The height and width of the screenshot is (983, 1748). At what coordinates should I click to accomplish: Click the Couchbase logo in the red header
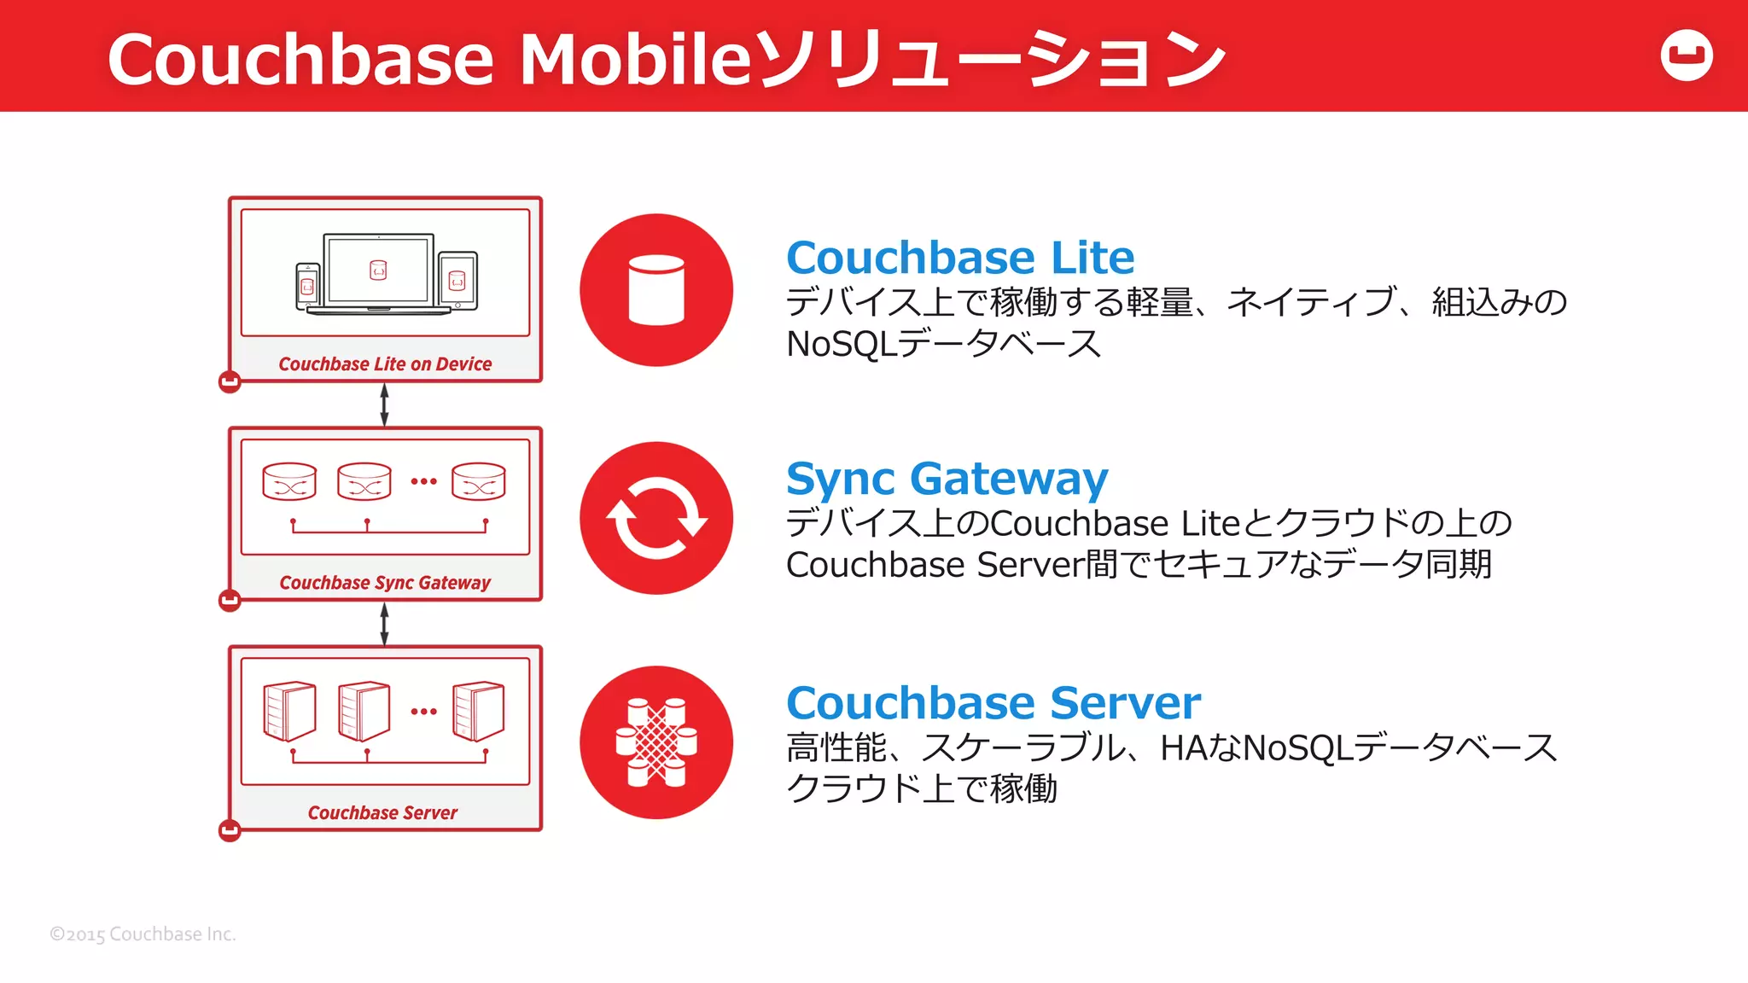1686,55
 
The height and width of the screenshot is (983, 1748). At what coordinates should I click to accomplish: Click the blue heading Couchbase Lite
959,257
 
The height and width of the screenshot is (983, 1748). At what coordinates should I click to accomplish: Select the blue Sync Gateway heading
947,478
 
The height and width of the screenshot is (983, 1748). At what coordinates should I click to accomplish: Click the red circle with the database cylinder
655,290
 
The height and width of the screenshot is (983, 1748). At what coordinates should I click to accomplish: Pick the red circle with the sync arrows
655,518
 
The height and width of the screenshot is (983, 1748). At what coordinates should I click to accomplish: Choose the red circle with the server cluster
655,742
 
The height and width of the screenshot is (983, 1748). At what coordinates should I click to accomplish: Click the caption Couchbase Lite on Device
385,364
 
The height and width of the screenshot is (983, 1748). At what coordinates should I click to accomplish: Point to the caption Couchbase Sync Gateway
385,583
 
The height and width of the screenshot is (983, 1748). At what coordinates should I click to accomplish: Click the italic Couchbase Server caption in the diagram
382,813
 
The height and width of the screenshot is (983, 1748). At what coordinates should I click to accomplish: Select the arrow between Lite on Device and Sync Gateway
384,404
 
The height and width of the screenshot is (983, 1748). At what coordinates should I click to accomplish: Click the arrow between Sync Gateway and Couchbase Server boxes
384,624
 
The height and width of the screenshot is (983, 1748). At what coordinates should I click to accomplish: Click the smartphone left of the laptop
307,286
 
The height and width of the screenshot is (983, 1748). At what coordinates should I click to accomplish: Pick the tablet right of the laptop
457,281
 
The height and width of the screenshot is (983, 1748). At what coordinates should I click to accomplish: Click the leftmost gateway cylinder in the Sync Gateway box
289,481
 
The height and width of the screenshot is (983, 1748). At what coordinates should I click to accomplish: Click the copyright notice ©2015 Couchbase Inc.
143,934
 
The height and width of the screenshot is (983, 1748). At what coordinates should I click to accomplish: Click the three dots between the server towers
423,712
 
